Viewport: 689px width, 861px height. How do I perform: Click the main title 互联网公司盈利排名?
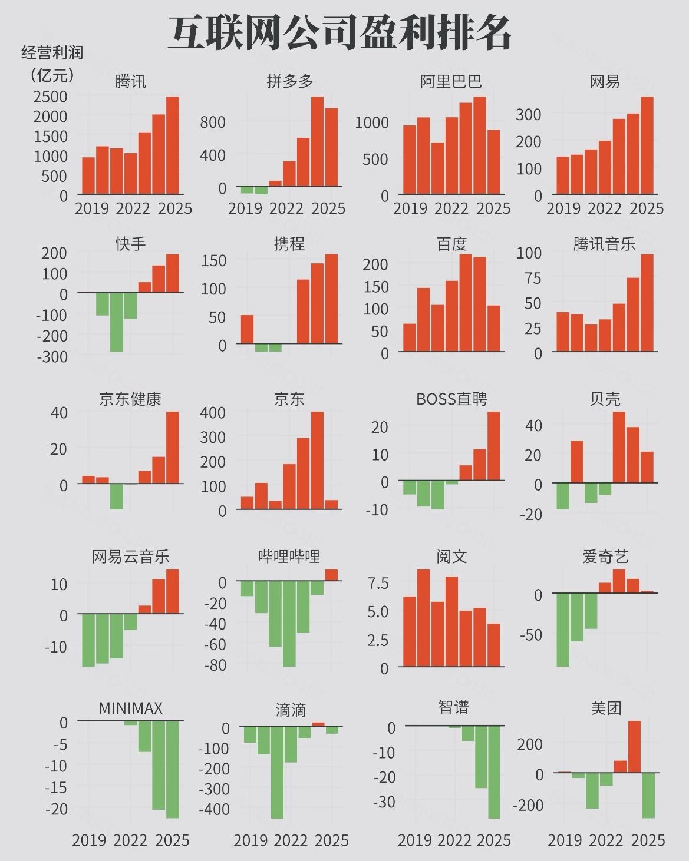[340, 32]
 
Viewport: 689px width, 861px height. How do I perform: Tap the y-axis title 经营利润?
[52, 53]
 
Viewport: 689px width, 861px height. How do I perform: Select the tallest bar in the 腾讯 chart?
[172, 145]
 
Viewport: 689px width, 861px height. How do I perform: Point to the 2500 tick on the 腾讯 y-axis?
[50, 96]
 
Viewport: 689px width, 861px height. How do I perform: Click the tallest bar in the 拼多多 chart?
[318, 141]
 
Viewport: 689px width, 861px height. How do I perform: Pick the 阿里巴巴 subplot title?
[451, 81]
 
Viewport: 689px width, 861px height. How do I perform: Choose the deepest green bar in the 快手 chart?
[117, 322]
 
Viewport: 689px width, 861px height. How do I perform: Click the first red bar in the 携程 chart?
[247, 329]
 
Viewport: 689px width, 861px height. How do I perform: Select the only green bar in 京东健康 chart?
[117, 496]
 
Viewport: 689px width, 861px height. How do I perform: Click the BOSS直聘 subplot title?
[451, 399]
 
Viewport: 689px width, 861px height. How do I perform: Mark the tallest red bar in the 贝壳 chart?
[619, 447]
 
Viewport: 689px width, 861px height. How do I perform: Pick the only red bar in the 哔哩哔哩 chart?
[331, 575]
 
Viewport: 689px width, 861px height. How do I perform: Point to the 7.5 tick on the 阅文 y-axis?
[378, 583]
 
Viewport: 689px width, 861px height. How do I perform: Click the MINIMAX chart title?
[130, 708]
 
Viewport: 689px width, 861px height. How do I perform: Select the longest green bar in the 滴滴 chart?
[277, 772]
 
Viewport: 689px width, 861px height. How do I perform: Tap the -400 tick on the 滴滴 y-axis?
[214, 809]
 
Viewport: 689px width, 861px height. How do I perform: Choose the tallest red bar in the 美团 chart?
[634, 746]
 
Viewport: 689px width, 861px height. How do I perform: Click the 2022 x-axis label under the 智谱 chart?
[454, 840]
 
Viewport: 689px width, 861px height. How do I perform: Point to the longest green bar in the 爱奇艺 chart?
[563, 630]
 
